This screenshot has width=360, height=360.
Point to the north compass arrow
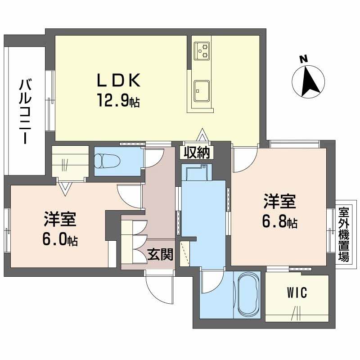(x=309, y=82)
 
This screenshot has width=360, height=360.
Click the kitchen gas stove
(x=202, y=50)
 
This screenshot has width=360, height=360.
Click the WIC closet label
(x=297, y=293)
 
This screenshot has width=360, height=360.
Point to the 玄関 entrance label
(x=160, y=256)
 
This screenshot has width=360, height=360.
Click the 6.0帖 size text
(x=60, y=240)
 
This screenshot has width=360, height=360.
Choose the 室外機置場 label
(x=344, y=235)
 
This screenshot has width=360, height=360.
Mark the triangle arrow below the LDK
(x=202, y=136)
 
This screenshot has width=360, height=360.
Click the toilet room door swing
(x=153, y=157)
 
